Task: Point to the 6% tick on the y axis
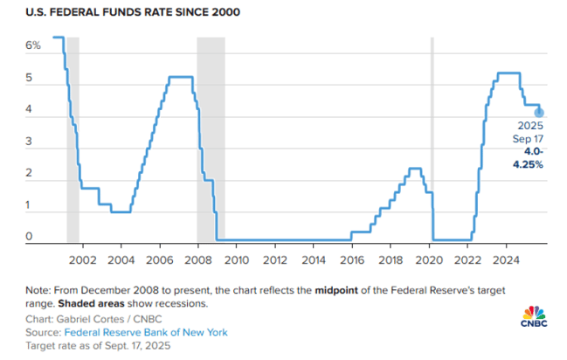[x=32, y=45]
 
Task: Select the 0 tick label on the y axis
[x=29, y=236]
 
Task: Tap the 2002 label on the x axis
[x=81, y=260]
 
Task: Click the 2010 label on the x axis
[x=236, y=260]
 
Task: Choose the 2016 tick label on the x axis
[x=351, y=260]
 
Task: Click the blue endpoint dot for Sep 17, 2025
[x=539, y=112]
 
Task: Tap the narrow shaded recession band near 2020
[x=432, y=140]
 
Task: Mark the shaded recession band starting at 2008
[x=211, y=140]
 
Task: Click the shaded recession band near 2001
[x=73, y=140]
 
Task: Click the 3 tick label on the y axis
[x=29, y=142]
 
